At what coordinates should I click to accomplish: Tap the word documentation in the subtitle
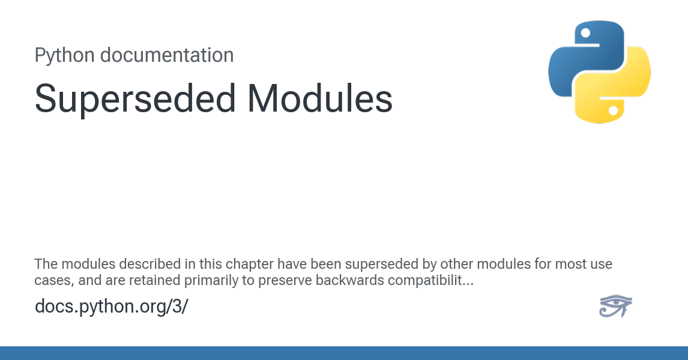166,55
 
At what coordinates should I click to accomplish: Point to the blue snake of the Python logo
576,57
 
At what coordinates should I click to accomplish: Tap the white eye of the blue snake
585,33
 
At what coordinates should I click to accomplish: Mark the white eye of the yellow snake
613,111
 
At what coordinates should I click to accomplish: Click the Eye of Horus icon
615,307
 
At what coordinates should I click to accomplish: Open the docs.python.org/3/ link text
112,307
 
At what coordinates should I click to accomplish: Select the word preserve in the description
284,280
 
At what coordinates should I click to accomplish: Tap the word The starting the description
45,264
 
